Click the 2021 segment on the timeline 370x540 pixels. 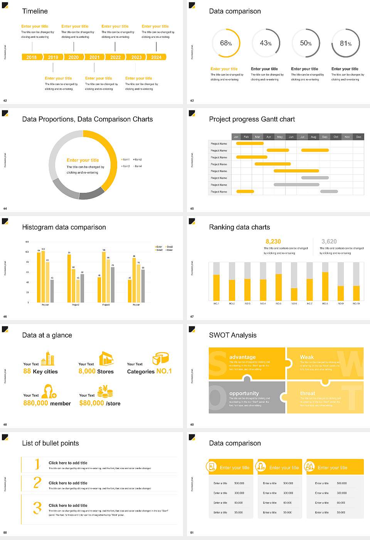(x=94, y=57)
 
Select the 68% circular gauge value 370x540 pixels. (x=226, y=43)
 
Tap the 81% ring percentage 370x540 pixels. (x=346, y=44)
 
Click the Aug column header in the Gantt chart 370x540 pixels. (x=313, y=137)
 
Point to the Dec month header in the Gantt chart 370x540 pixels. (x=358, y=137)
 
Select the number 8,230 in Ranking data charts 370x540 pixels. (x=273, y=241)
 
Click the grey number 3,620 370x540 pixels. (x=329, y=241)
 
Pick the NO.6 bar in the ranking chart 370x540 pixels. (x=294, y=294)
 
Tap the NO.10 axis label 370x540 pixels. (x=356, y=304)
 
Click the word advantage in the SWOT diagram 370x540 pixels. (x=242, y=357)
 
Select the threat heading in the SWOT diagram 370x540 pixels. (x=308, y=393)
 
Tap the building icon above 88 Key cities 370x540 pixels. (x=48, y=358)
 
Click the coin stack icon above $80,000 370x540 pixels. (x=105, y=392)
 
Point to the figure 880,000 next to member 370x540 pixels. (x=36, y=403)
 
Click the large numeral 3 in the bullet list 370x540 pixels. (x=37, y=508)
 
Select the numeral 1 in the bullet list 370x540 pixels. (x=37, y=464)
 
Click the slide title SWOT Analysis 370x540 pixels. (x=232, y=335)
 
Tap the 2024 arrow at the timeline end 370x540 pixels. (x=156, y=57)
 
